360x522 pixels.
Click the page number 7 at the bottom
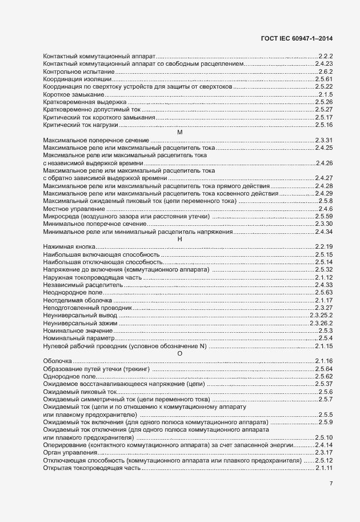tap(331, 484)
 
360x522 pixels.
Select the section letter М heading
tap(179, 133)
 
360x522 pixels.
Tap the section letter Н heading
tap(179, 239)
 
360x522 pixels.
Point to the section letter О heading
tap(179, 354)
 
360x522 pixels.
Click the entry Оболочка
tap(58, 362)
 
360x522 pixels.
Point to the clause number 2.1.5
tap(326, 94)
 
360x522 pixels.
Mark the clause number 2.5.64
tap(324, 369)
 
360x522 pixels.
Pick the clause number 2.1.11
tap(324, 468)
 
